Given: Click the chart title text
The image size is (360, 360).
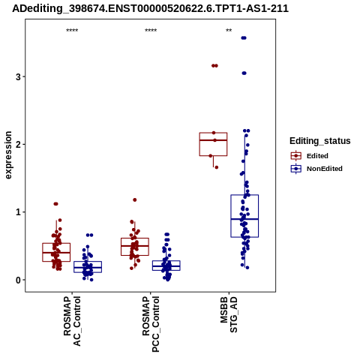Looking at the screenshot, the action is point(151,8).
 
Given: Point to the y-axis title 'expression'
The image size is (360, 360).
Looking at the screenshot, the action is point(8,155).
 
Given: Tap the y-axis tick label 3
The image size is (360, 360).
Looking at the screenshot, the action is point(18,76).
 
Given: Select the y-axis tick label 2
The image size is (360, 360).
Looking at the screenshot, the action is point(18,145).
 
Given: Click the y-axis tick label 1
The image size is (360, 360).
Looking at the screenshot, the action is point(18,212).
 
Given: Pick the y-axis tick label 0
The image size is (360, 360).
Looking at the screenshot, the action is point(18,280).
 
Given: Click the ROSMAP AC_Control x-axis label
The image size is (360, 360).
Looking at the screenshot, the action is point(72,321).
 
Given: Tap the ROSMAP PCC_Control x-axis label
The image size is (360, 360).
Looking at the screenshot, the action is point(151,324).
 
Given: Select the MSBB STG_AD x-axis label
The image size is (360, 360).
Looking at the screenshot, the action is point(229,314).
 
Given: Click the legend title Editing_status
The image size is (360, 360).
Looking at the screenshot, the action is point(320,141).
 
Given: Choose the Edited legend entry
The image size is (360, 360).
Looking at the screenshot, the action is point(310,156).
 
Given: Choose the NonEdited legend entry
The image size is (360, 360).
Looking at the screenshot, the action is point(316,169).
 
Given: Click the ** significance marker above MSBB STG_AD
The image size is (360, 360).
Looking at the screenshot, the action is point(229,31).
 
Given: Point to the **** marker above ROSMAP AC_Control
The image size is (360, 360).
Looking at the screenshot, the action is point(72,31).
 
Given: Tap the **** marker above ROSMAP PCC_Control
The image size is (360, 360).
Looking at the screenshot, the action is point(151,31).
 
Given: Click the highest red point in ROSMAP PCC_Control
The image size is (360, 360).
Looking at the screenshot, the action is point(135,199).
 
